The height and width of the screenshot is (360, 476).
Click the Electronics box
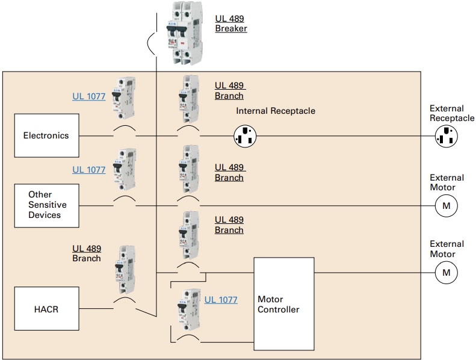click(x=46, y=135)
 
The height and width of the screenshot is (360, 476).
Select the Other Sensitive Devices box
click(x=46, y=205)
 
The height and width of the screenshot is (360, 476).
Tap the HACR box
click(x=46, y=309)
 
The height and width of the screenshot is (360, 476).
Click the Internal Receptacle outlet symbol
click(x=246, y=137)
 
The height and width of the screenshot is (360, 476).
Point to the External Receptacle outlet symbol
click(x=447, y=136)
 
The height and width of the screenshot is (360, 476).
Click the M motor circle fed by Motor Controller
click(x=447, y=273)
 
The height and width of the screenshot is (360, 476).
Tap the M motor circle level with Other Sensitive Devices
click(x=447, y=206)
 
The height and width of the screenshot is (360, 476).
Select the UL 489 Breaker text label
click(x=230, y=23)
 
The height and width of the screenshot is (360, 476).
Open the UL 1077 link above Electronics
click(x=88, y=96)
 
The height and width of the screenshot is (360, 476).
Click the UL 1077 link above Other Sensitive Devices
click(x=88, y=170)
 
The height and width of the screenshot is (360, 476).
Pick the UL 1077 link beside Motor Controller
click(x=221, y=300)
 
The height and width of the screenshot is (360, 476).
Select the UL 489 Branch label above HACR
click(x=87, y=253)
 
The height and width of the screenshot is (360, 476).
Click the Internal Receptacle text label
click(x=275, y=111)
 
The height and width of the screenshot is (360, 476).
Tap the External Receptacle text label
click(x=451, y=113)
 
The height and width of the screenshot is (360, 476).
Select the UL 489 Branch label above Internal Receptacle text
click(x=229, y=90)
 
